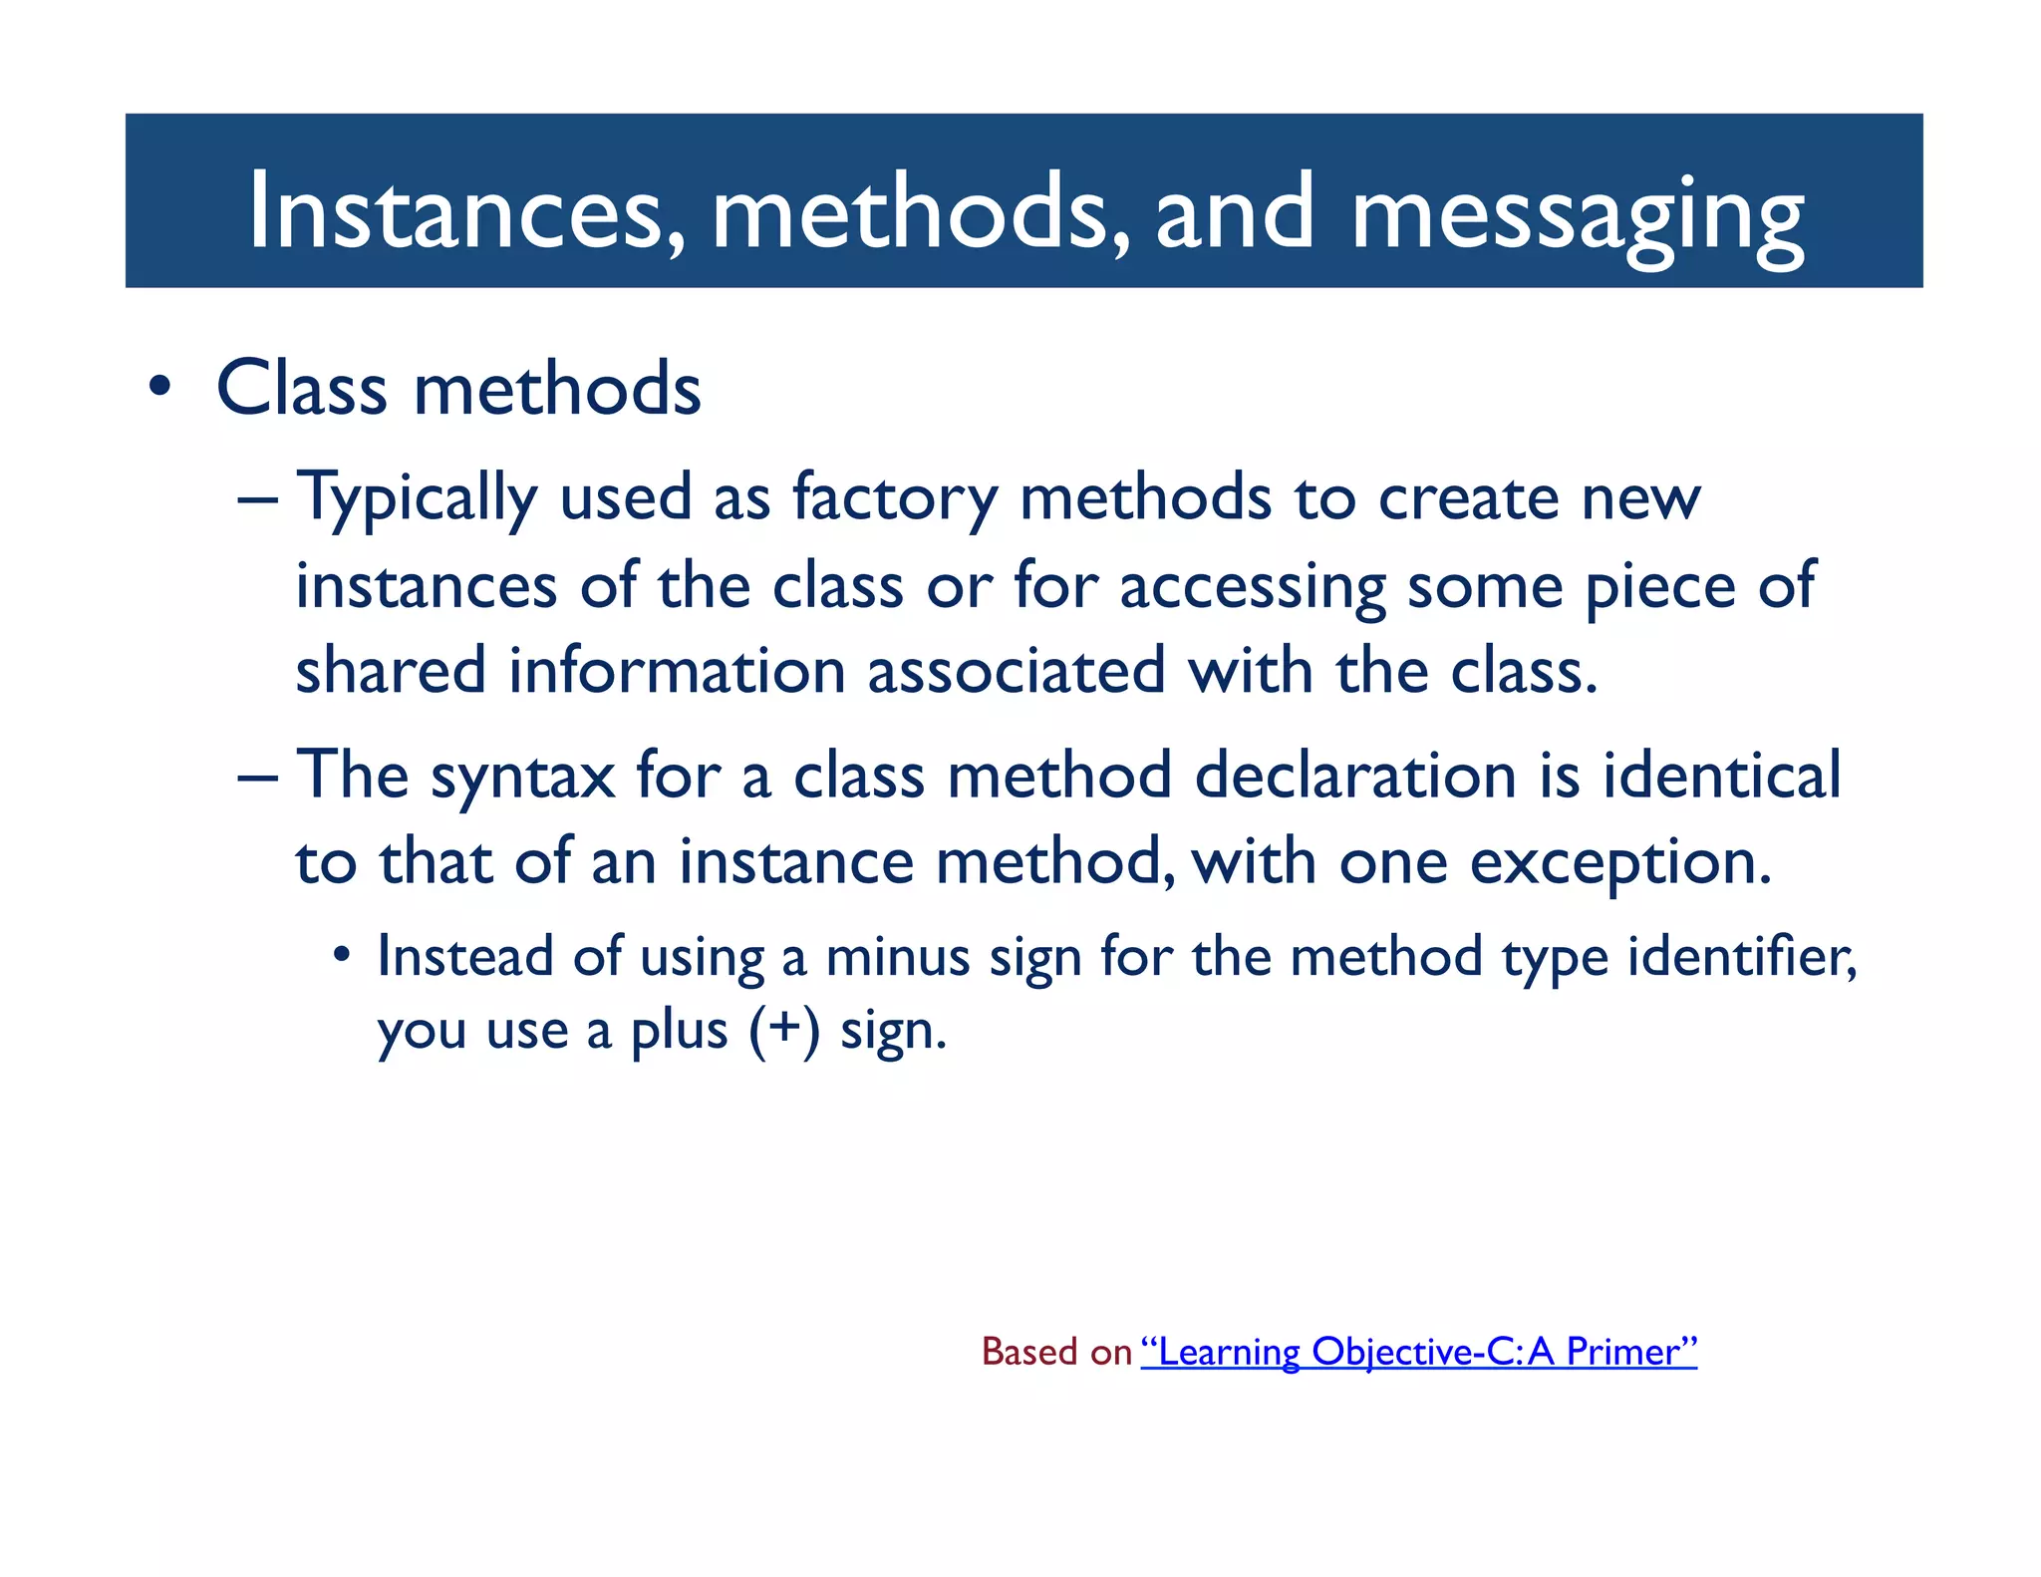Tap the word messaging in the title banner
1577,214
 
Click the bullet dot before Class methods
159,388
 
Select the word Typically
417,498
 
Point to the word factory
894,498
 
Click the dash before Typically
257,498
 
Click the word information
677,670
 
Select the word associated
1017,670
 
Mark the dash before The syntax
257,776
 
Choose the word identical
1721,776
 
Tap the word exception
1620,863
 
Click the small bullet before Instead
342,956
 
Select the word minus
897,957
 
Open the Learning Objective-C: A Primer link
1418,1352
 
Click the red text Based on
1056,1352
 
